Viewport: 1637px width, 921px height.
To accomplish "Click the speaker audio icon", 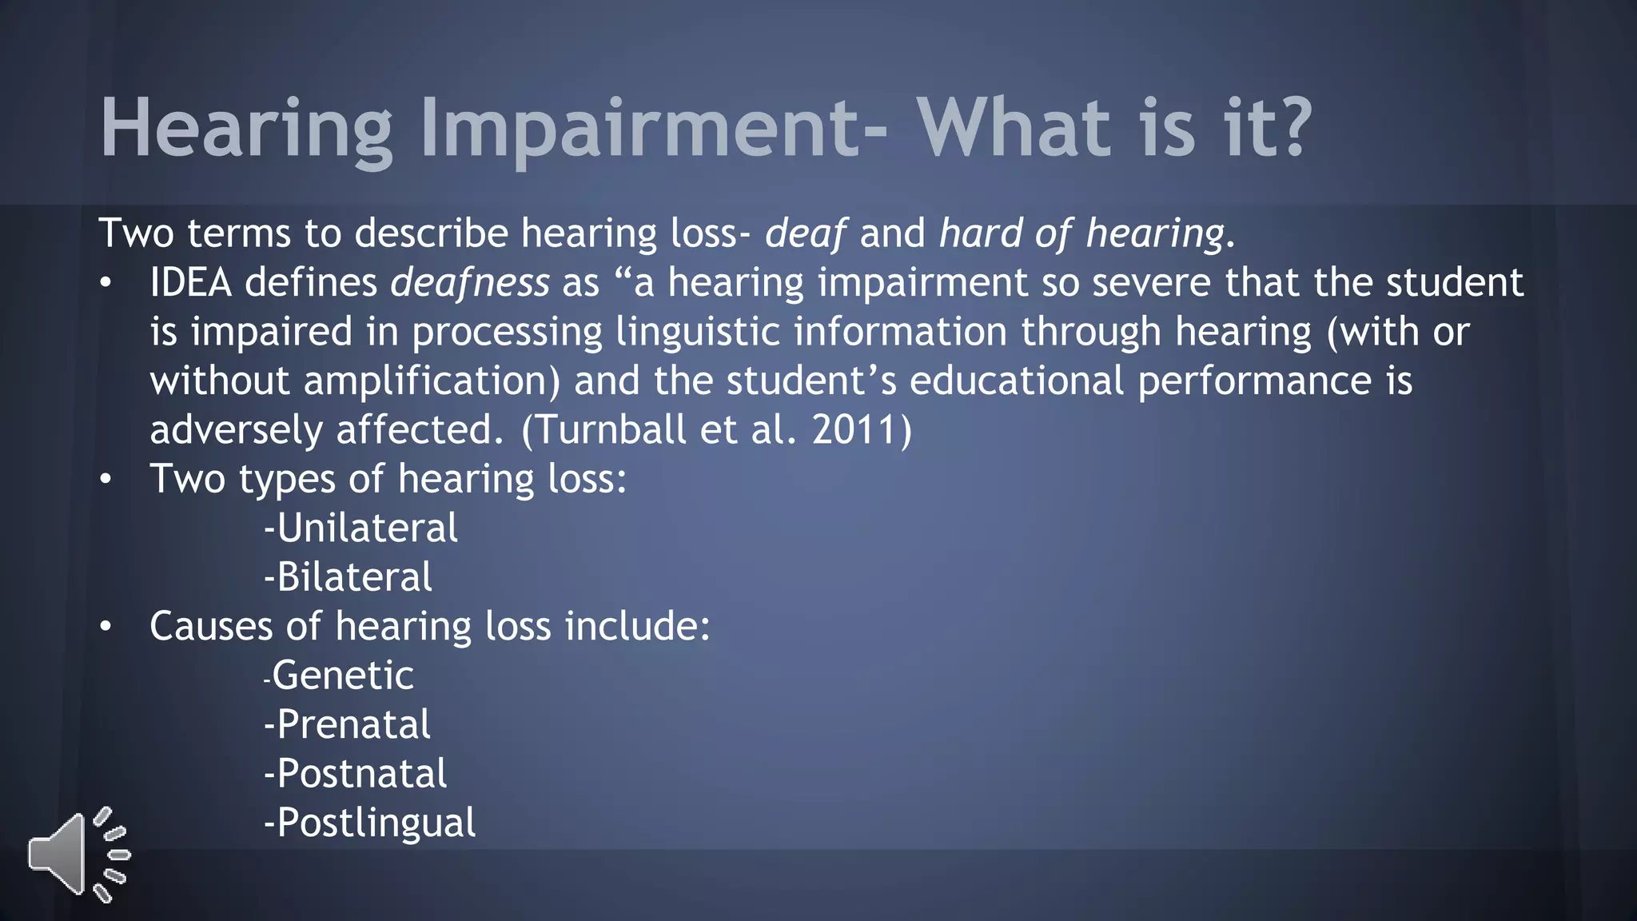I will pos(78,854).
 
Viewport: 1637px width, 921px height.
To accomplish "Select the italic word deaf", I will pos(805,233).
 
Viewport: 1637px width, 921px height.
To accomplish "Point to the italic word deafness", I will pos(470,283).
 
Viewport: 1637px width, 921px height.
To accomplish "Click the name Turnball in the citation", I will pos(610,430).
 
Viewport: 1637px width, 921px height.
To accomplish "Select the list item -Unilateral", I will pos(361,528).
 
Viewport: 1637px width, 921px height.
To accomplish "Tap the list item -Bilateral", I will pos(349,577).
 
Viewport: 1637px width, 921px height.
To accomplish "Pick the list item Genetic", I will pos(342,676).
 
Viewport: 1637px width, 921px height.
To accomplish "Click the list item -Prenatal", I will pos(348,725).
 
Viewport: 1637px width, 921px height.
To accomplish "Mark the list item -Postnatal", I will pos(356,774).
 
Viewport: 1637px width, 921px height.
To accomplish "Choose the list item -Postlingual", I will pos(370,823).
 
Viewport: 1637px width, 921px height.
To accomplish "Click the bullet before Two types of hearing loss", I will pos(106,480).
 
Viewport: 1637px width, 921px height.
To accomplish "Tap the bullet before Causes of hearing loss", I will pos(106,627).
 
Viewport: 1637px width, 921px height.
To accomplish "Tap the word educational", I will pos(1017,381).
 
